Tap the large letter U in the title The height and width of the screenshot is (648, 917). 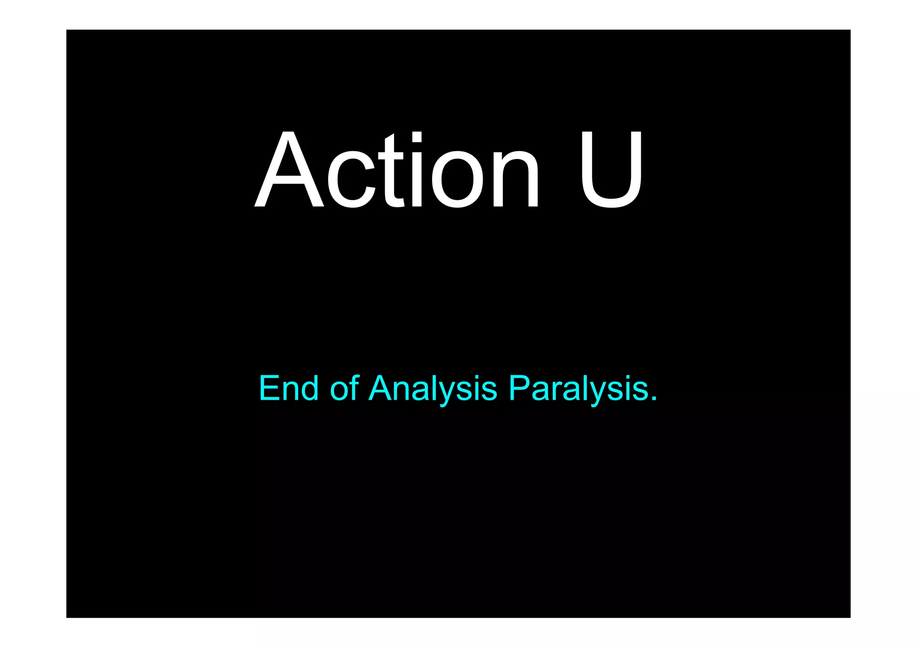(612, 170)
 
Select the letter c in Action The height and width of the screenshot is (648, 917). (351, 179)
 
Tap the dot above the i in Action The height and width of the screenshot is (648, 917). (417, 137)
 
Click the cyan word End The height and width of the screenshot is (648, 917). (289, 388)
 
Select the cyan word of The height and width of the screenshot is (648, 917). (344, 388)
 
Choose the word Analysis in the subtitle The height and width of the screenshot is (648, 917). (433, 388)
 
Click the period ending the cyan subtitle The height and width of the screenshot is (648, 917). (654, 398)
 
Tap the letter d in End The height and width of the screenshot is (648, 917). (310, 388)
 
